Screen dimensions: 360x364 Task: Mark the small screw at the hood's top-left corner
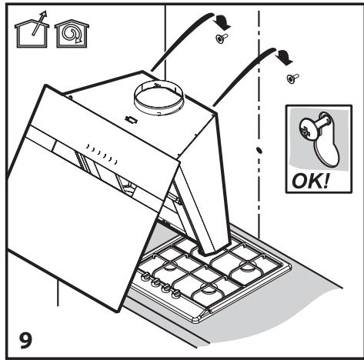click(70, 97)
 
